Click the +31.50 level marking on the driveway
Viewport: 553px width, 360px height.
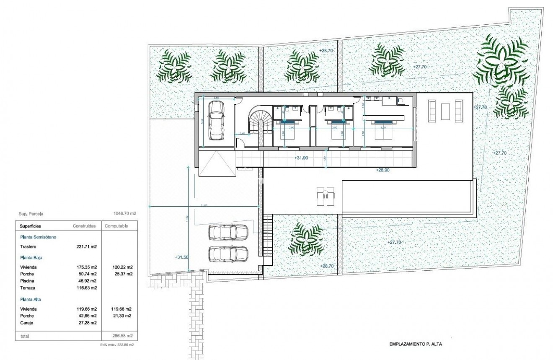181,257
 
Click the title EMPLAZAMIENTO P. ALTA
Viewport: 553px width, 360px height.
416,344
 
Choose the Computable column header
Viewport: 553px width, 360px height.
116,226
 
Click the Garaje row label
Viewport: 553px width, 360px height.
26,323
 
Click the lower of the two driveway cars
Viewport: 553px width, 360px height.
228,253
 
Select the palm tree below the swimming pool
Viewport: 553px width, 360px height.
308,238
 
